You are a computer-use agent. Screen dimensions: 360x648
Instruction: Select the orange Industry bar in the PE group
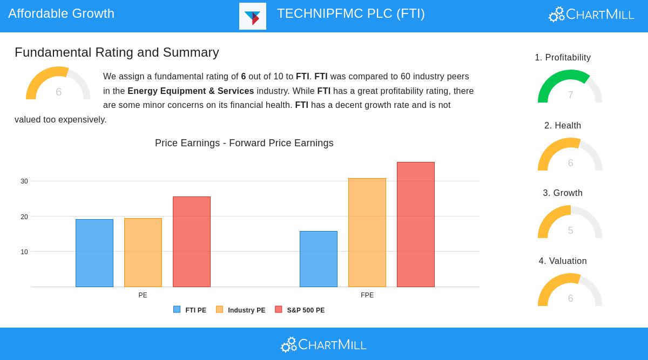[x=143, y=252]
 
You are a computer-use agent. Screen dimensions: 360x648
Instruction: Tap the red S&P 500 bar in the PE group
[x=192, y=241]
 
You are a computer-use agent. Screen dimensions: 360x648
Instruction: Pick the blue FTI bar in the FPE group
[x=319, y=259]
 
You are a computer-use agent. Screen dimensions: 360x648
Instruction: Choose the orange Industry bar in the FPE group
[x=367, y=232]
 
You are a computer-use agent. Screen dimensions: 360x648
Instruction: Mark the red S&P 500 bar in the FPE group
[x=416, y=224]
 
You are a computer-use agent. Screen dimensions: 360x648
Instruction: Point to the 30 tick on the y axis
[x=24, y=181]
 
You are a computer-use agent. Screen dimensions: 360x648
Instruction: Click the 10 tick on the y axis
[x=24, y=252]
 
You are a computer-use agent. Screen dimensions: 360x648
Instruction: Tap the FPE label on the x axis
[x=367, y=295]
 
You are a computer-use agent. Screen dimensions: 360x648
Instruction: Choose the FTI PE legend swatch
[x=177, y=309]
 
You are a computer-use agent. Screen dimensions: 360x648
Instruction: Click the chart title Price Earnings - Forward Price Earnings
[x=244, y=143]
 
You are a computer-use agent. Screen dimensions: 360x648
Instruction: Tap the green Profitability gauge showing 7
[x=570, y=86]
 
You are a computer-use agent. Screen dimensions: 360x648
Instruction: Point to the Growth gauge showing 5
[x=570, y=222]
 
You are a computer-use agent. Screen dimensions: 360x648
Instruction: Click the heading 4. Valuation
[x=563, y=261]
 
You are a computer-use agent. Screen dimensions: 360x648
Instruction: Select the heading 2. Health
[x=563, y=126]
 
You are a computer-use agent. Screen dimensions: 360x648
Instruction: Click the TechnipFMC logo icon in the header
[x=253, y=16]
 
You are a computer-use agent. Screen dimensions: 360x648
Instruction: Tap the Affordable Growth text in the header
[x=62, y=13]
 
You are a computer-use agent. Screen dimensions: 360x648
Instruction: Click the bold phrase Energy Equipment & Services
[x=191, y=91]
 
